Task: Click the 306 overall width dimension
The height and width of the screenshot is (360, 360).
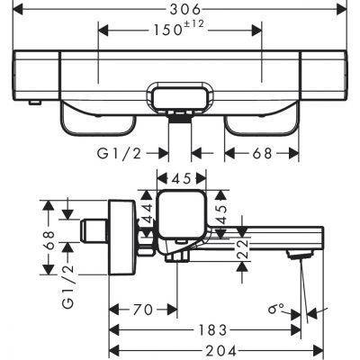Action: [180, 9]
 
